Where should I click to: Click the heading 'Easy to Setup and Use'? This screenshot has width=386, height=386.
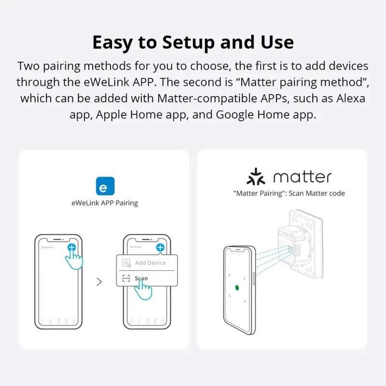tap(193, 42)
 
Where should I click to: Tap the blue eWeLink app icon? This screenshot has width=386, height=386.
tap(105, 186)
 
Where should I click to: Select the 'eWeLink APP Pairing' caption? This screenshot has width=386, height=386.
tap(105, 203)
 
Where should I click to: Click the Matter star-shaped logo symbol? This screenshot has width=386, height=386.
tap(256, 177)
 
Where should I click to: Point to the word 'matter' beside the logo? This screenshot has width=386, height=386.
tap(302, 177)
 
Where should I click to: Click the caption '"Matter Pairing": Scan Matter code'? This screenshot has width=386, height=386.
tap(289, 193)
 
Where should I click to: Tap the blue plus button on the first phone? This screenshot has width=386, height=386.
tap(72, 247)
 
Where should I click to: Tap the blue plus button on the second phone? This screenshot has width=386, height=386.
tap(160, 247)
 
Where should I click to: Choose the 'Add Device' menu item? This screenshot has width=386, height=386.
tap(150, 263)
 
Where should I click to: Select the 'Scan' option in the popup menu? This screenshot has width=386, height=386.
tap(141, 278)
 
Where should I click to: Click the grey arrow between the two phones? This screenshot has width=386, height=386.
tap(99, 282)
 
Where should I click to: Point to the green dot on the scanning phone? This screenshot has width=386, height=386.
tap(237, 288)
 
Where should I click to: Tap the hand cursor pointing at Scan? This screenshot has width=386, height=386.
tap(144, 290)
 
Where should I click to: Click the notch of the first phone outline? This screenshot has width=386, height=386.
tap(58, 239)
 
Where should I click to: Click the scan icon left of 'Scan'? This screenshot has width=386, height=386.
tap(126, 278)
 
